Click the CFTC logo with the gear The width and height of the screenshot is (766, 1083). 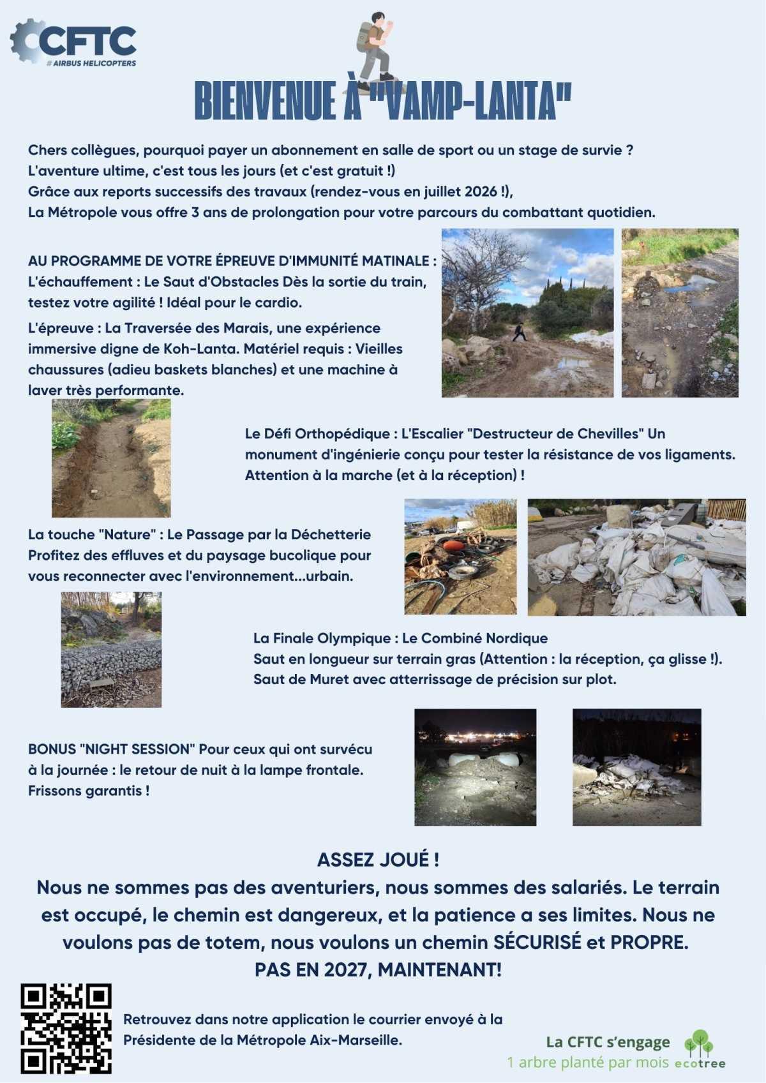(x=73, y=42)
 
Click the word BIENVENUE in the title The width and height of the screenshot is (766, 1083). (x=265, y=101)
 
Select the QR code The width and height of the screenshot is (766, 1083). (x=66, y=1028)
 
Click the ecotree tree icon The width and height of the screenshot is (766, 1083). (x=699, y=1043)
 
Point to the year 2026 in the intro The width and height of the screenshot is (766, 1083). (x=481, y=191)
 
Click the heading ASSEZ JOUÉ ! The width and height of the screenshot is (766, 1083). (x=378, y=860)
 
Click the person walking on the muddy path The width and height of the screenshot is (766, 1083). (x=519, y=332)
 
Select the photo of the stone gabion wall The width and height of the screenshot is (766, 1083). (x=111, y=649)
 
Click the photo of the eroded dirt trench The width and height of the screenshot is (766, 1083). (x=111, y=458)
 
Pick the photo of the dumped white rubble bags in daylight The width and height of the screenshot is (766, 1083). (x=636, y=557)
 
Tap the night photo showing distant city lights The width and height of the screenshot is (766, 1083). (x=475, y=766)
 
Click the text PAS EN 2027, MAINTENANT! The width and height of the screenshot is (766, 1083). (x=378, y=969)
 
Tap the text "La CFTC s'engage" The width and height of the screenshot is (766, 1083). (x=607, y=1042)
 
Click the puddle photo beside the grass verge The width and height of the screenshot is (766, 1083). (x=680, y=313)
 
